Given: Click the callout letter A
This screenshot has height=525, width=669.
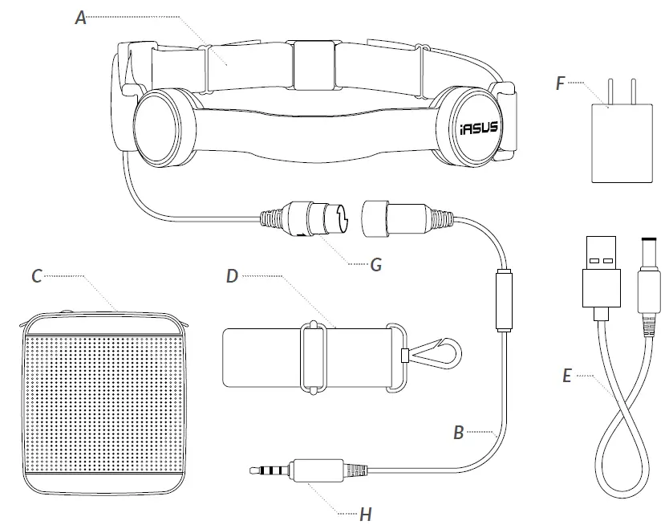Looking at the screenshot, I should click(x=81, y=17).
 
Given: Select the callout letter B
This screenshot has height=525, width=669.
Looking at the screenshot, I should click(x=459, y=432).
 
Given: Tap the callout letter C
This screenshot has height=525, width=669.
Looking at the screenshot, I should click(x=37, y=275).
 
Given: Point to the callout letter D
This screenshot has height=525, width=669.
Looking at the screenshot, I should click(x=232, y=275).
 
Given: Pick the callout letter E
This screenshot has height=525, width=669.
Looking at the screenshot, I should click(x=567, y=374).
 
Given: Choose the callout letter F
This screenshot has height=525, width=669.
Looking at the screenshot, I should click(x=561, y=82).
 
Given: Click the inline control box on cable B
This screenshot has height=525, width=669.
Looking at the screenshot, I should click(x=504, y=300).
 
